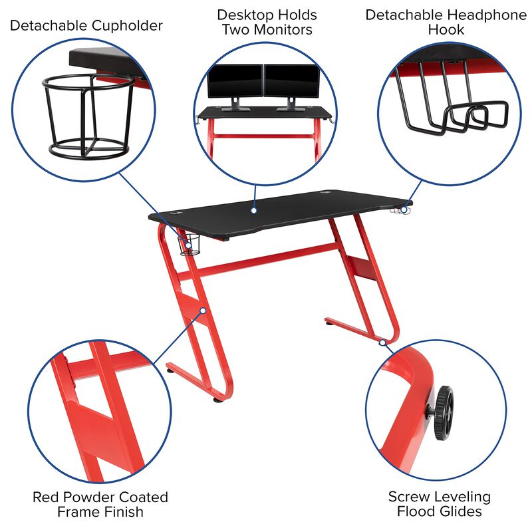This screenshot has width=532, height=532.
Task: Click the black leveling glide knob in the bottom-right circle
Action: point(444,413)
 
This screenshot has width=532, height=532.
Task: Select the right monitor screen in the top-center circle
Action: point(291,81)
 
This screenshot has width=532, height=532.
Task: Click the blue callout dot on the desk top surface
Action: point(253,211)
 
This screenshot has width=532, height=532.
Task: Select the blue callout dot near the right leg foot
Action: point(384,342)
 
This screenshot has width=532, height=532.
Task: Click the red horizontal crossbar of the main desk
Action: point(266,259)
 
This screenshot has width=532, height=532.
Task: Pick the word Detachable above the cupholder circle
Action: point(47,26)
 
